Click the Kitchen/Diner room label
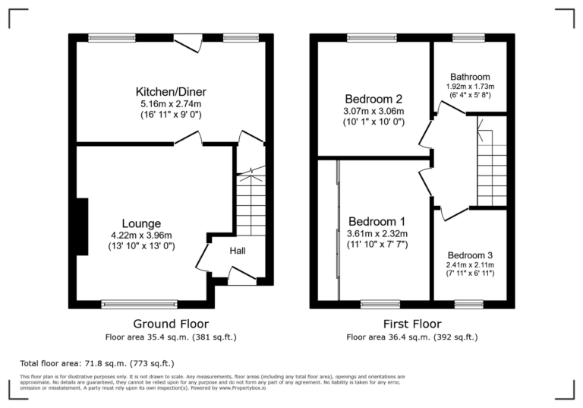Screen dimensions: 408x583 (169, 91)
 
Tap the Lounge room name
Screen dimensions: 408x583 (141, 223)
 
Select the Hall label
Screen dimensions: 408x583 (238, 251)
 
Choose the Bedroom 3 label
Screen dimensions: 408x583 (470, 255)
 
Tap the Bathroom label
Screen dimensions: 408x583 (470, 77)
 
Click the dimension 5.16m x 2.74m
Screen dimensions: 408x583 (169, 103)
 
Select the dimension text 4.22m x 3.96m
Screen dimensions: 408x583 (141, 235)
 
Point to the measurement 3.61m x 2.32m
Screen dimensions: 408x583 (377, 233)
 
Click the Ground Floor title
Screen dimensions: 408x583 (171, 323)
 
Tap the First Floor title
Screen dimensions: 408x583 (412, 323)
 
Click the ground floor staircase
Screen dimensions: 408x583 (251, 205)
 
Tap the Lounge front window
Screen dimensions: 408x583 (139, 304)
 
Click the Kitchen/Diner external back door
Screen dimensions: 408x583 (186, 43)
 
